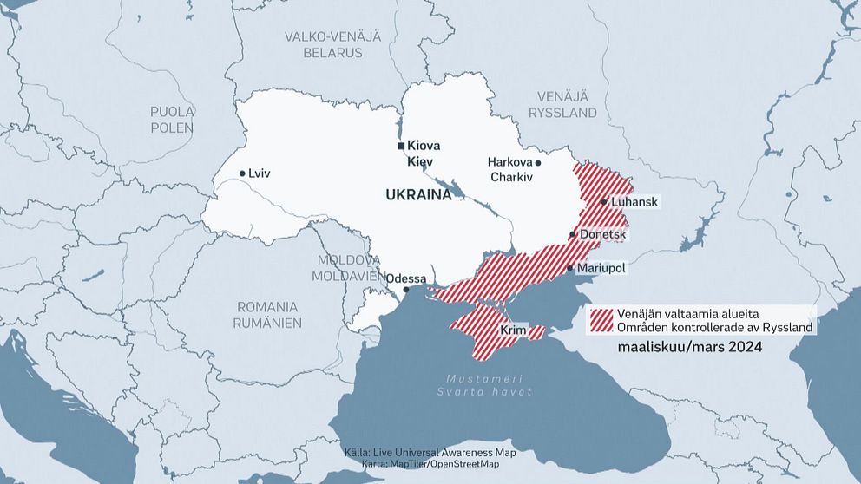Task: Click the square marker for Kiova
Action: point(400,146)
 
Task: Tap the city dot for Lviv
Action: point(242,173)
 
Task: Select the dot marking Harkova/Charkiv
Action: point(538,163)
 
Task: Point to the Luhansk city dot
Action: point(604,201)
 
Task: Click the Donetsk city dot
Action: point(572,235)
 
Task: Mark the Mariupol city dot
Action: point(569,269)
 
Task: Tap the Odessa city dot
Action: point(405,291)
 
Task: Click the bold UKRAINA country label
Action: point(419,195)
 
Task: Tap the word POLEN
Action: point(172,128)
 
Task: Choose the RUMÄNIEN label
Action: point(267,323)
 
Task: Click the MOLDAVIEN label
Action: point(348,275)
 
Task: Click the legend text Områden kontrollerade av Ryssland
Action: point(714,327)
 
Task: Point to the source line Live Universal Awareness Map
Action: point(443,453)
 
